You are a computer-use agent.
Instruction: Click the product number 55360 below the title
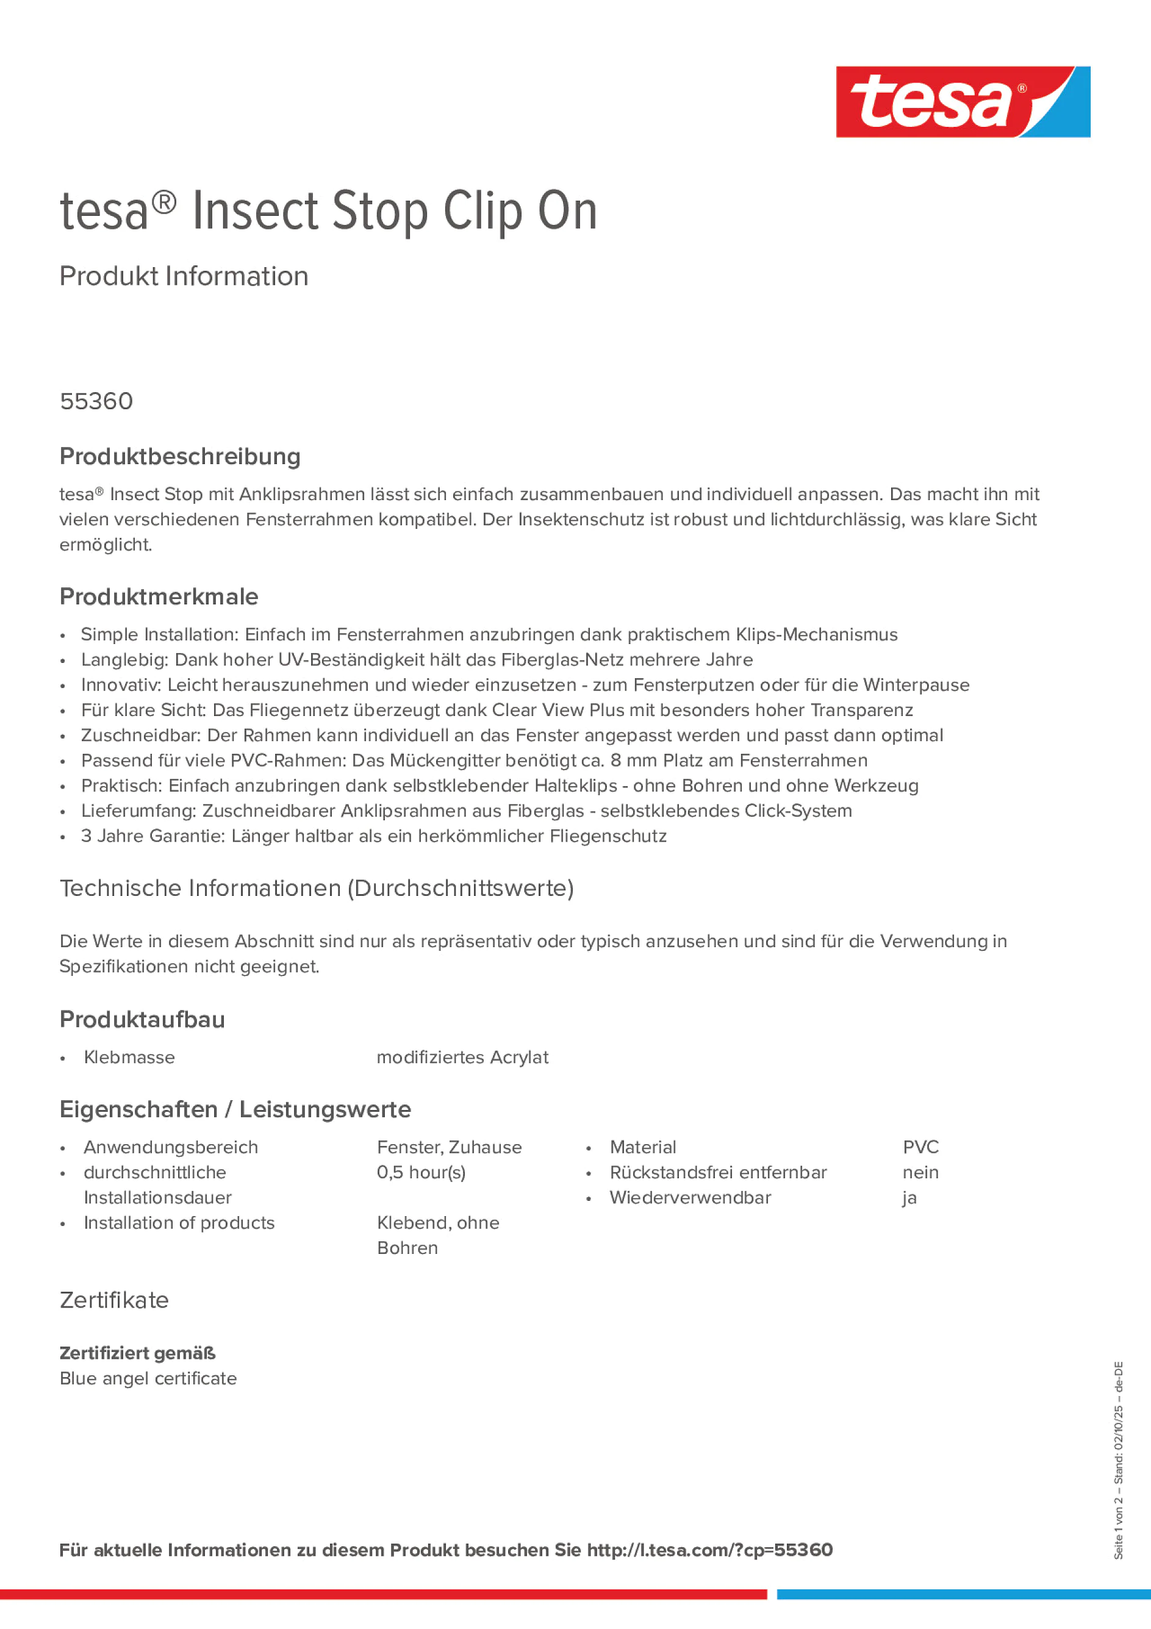point(96,401)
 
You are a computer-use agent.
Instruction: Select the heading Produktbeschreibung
point(180,457)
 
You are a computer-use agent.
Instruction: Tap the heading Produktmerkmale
point(159,596)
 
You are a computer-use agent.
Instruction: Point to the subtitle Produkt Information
point(184,277)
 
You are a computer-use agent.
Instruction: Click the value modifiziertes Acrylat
point(462,1058)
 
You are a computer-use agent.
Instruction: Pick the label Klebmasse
point(129,1058)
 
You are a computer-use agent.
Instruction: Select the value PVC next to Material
point(920,1147)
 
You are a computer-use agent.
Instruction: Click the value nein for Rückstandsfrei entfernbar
point(920,1173)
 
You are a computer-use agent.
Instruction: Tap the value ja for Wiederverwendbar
point(909,1198)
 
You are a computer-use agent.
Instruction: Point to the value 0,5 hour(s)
point(421,1173)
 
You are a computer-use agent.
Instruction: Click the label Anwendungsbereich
point(170,1147)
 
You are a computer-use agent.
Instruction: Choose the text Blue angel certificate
point(148,1378)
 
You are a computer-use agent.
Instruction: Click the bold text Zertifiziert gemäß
point(138,1353)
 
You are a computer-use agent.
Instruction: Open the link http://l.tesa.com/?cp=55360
point(709,1550)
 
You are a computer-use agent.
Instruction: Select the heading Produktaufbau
point(142,1020)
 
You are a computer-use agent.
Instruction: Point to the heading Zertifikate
point(114,1300)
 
